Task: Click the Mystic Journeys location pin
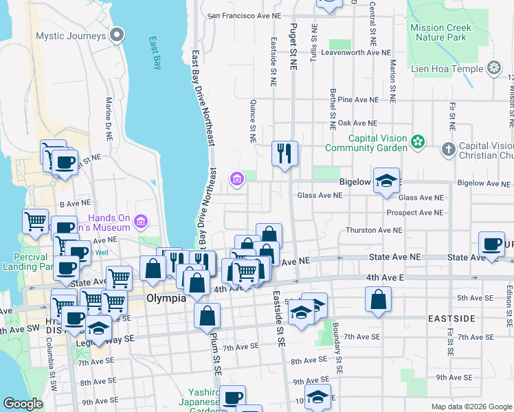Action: (x=119, y=35)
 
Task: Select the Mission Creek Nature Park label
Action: (x=440, y=33)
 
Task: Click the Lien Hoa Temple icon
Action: (x=493, y=68)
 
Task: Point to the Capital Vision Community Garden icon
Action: (x=416, y=142)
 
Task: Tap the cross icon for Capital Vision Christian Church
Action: (x=448, y=149)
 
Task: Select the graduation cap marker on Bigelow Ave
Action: (x=387, y=181)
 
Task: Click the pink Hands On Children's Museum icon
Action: (x=141, y=221)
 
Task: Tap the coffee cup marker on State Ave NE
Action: (x=492, y=244)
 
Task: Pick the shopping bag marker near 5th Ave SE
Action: (x=378, y=299)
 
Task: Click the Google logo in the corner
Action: (x=23, y=404)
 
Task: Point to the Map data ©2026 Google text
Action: (x=471, y=407)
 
